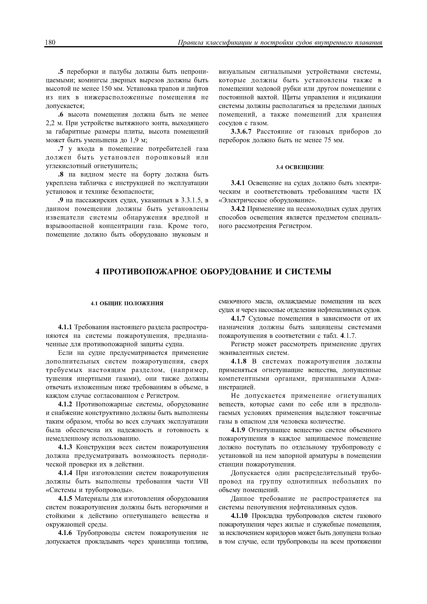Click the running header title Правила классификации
280,43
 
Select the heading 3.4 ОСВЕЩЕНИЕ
300,167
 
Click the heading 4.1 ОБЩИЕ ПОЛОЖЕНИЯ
127,303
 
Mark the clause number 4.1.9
238,430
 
